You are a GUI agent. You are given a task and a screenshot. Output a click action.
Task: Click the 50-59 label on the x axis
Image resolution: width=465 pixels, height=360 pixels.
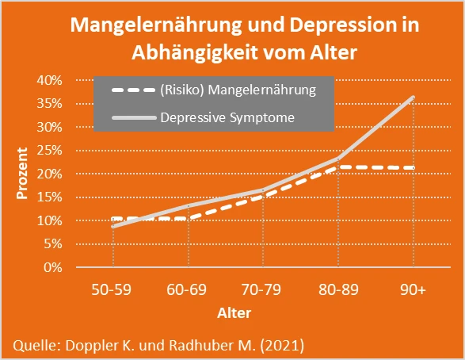(x=113, y=291)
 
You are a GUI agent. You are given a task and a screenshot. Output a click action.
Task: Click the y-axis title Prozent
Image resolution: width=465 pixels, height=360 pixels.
(x=25, y=173)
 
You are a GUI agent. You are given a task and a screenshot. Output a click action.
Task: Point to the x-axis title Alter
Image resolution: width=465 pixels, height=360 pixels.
(x=234, y=312)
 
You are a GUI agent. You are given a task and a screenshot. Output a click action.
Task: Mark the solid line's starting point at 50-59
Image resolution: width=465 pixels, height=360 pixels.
(x=113, y=226)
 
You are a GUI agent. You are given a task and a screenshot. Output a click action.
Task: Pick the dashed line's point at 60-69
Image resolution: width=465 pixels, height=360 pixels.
(x=189, y=218)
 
